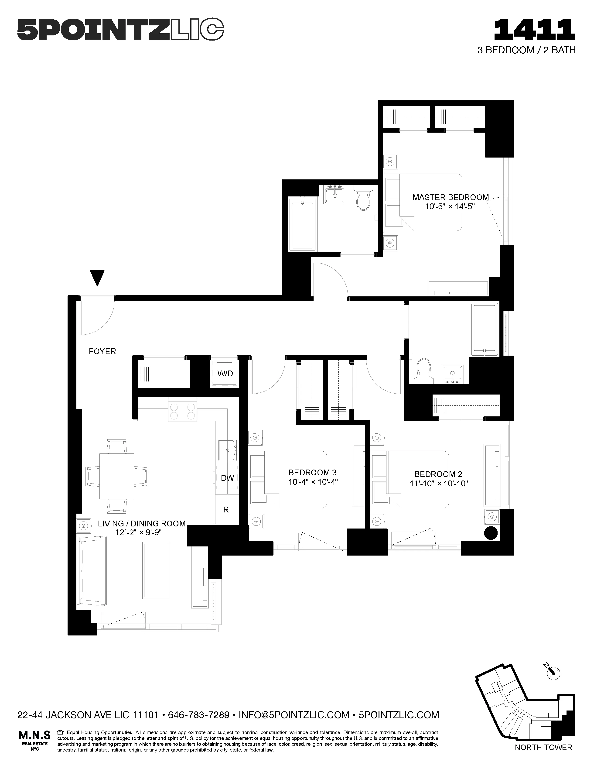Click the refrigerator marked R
(226, 509)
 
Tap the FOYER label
(102, 351)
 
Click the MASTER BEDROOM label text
(451, 198)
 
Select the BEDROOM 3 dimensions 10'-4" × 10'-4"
(313, 482)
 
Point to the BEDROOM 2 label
(438, 474)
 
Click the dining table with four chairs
(116, 476)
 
